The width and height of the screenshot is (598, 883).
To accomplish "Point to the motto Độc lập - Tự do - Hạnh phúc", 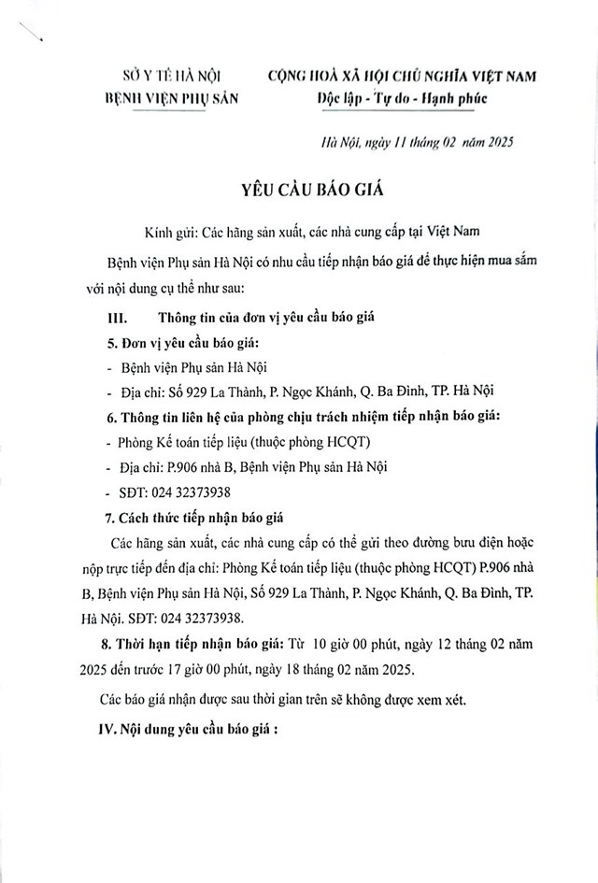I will pos(401,97).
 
